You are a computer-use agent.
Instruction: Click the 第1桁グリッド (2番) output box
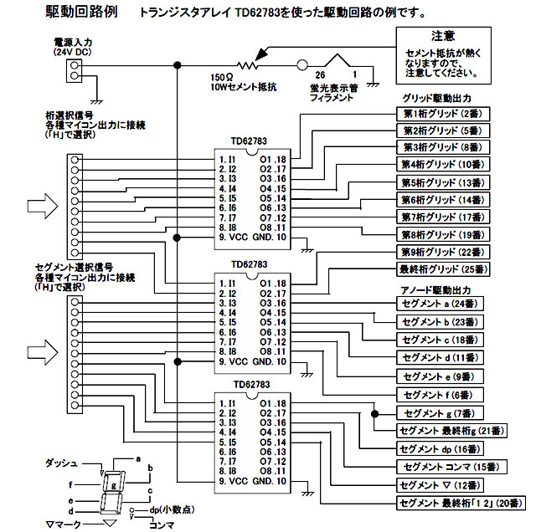[441, 113]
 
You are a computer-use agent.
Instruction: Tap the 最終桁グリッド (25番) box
[441, 269]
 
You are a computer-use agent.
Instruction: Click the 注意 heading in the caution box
[444, 36]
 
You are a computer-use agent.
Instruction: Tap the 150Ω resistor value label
[222, 76]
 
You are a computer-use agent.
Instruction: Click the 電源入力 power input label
[71, 43]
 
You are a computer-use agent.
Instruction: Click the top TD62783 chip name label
[248, 142]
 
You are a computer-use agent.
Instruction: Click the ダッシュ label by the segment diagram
[60, 463]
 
